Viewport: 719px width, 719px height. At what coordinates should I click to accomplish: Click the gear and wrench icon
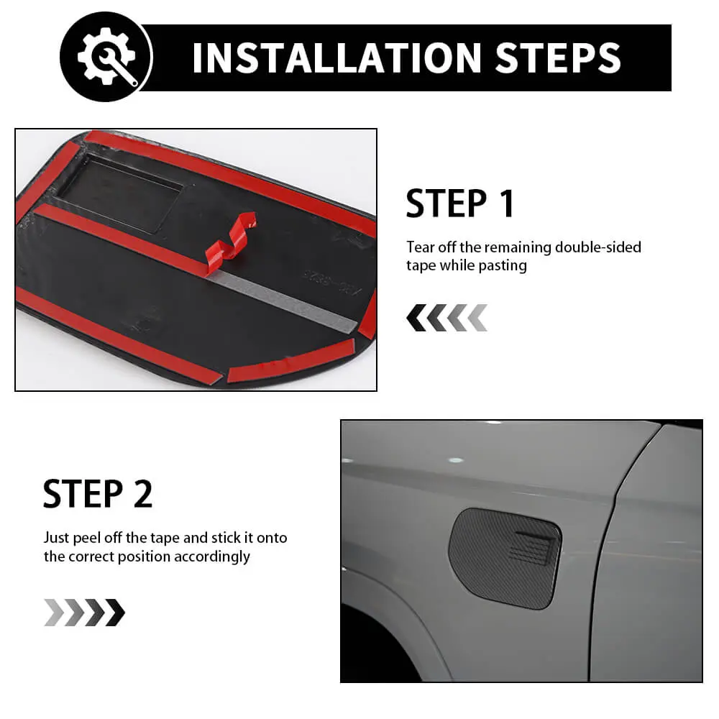tap(107, 56)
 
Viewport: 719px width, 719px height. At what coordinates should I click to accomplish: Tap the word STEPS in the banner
tap(558, 58)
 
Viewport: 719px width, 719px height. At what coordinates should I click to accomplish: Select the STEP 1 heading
tap(460, 203)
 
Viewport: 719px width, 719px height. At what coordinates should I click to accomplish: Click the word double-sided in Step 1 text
tap(598, 247)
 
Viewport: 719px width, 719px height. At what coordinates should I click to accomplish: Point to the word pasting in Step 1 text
tap(503, 266)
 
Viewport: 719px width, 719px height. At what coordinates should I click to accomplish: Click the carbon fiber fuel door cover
tap(505, 559)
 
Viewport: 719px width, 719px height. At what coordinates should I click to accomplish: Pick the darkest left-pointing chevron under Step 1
tap(416, 318)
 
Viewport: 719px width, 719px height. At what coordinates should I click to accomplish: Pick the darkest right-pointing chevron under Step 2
tap(115, 612)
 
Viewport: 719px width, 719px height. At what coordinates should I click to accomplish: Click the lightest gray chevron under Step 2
tap(54, 612)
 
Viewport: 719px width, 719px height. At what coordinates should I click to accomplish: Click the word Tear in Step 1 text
tap(420, 247)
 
